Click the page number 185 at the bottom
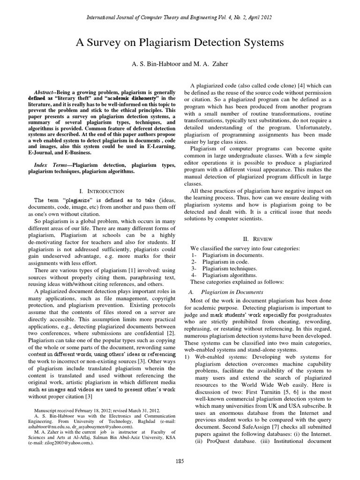click(180, 462)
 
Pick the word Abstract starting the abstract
click(48, 92)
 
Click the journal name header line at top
click(180, 17)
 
